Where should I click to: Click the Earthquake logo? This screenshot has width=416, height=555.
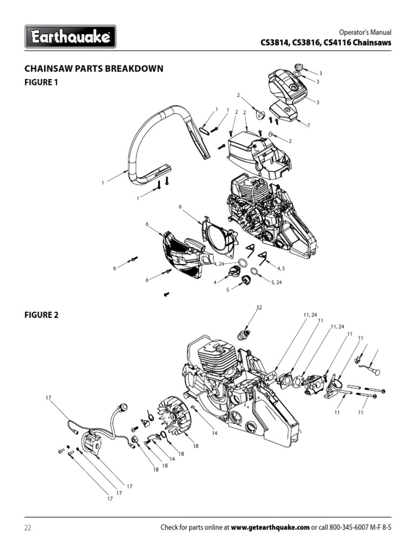pyautogui.click(x=70, y=37)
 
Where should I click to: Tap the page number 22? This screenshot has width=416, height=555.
pyautogui.click(x=28, y=527)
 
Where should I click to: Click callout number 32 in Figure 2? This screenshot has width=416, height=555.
pyautogui.click(x=258, y=308)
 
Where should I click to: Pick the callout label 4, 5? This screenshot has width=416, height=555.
pyautogui.click(x=281, y=268)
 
